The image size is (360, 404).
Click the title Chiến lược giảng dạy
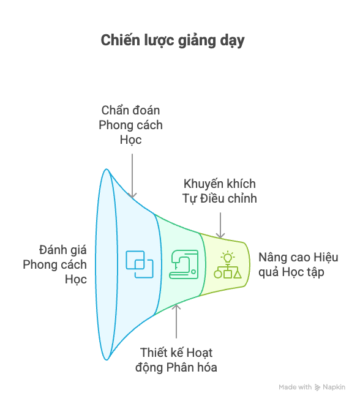tap(173, 41)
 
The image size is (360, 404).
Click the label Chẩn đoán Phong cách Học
tap(130, 125)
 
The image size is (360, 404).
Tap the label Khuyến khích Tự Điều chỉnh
tap(220, 191)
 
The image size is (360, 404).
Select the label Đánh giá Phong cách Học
tap(55, 264)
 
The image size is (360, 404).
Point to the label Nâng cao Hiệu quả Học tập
tap(298, 265)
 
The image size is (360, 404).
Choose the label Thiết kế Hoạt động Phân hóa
tap(176, 360)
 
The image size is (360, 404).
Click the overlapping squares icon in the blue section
tap(140, 264)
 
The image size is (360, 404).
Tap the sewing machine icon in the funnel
tap(184, 264)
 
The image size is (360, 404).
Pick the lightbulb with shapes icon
tap(228, 265)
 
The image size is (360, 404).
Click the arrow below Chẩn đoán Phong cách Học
tap(132, 176)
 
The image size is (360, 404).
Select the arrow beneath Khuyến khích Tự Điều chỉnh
tap(220, 225)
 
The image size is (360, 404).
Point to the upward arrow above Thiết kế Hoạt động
tap(176, 321)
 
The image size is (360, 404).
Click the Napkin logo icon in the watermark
tap(318, 387)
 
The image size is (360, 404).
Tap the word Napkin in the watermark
tap(334, 387)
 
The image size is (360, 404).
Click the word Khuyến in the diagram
tap(203, 184)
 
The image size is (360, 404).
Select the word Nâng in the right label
tap(269, 258)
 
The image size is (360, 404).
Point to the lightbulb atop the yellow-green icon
tap(228, 257)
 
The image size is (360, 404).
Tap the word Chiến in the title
tap(120, 40)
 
